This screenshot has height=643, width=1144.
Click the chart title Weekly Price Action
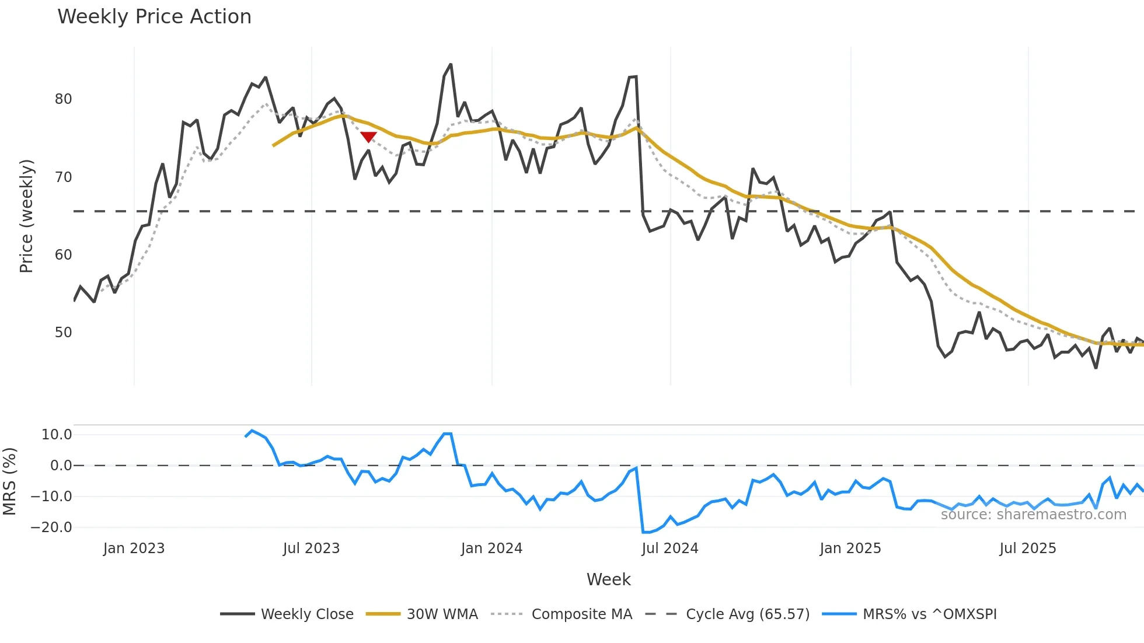pyautogui.click(x=154, y=17)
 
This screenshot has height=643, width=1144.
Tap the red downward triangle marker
pyautogui.click(x=368, y=137)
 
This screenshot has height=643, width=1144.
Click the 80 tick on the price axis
pyautogui.click(x=63, y=99)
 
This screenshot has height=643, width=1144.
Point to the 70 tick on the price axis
pyautogui.click(x=63, y=177)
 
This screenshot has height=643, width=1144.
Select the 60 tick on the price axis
pyautogui.click(x=63, y=255)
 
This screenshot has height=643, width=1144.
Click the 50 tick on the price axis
pyautogui.click(x=63, y=333)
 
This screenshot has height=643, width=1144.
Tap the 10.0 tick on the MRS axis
pyautogui.click(x=57, y=434)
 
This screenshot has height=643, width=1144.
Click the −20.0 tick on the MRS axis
pyautogui.click(x=51, y=527)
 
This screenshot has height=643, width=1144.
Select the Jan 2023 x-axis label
pyautogui.click(x=134, y=548)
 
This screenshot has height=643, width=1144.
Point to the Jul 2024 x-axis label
pyautogui.click(x=669, y=548)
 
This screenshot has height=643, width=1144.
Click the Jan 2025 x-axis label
pyautogui.click(x=850, y=548)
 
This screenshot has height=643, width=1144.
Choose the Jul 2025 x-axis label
pyautogui.click(x=1027, y=548)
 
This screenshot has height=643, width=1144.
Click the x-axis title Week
pyautogui.click(x=608, y=579)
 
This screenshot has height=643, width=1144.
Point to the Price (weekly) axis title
pyautogui.click(x=26, y=216)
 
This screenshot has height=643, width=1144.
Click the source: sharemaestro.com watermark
pyautogui.click(x=1033, y=515)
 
